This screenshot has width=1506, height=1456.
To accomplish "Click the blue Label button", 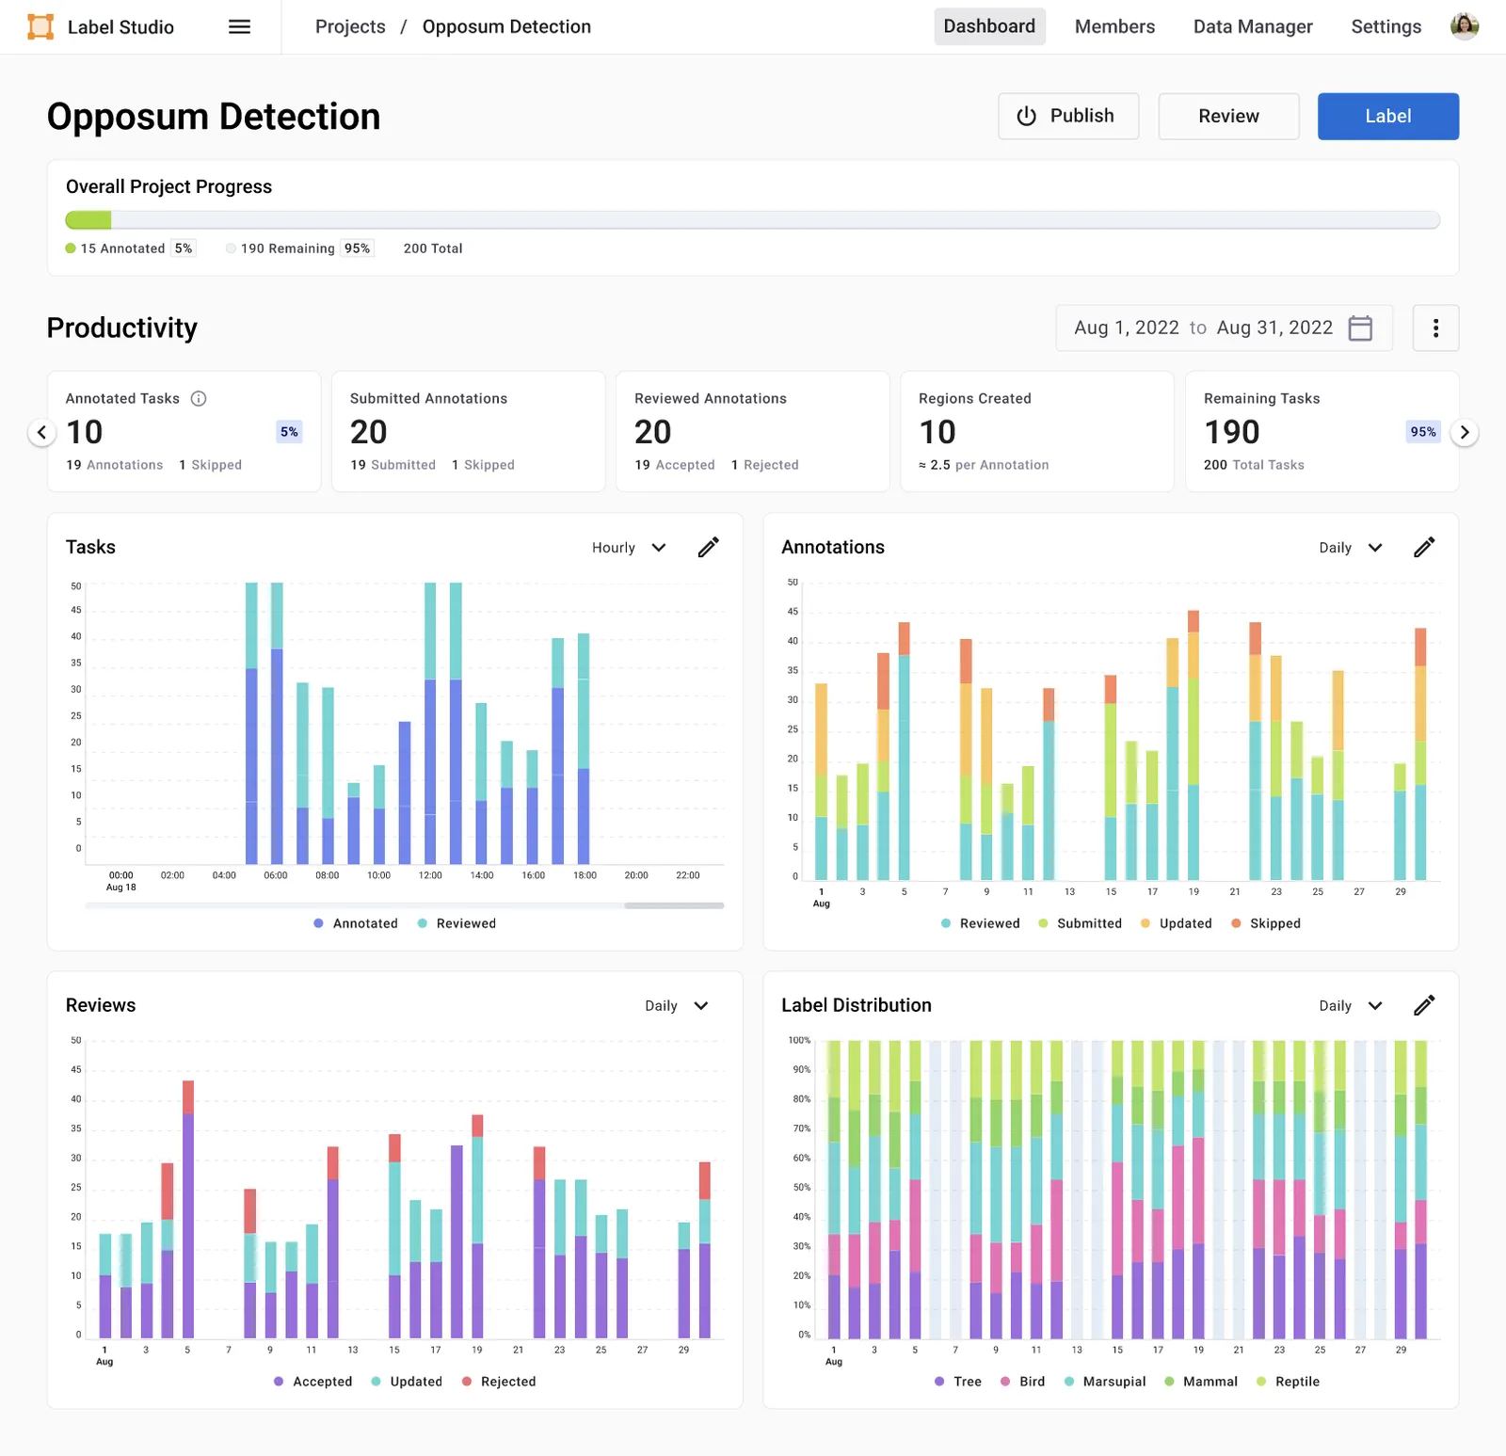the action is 1387,116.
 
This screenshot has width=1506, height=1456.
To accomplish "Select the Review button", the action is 1228,116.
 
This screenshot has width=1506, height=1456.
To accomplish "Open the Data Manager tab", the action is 1253,26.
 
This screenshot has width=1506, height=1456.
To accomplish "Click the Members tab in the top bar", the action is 1114,26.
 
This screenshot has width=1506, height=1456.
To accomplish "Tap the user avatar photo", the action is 1465,26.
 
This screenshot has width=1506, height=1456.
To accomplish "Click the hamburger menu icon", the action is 240,26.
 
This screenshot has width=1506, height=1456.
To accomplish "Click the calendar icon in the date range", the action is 1360,328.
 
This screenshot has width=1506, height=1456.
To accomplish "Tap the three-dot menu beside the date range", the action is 1435,328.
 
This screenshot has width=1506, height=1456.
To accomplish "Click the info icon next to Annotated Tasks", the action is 199,398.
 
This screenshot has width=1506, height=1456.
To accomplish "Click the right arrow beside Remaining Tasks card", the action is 1464,432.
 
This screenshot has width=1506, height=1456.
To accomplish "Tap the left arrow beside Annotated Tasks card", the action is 41,432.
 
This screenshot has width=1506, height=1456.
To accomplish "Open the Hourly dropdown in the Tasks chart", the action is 629,548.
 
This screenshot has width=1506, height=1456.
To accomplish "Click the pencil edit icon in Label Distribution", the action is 1424,1005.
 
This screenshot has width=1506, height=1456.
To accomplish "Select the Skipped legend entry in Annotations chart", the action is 1266,923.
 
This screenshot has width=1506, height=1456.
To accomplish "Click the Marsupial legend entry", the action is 1105,1382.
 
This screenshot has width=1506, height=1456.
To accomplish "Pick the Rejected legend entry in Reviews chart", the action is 499,1382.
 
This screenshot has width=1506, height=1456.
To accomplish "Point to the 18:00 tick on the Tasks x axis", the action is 585,875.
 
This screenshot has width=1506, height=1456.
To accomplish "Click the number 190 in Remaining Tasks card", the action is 1232,432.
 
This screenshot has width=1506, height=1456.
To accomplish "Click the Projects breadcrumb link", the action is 350,26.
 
